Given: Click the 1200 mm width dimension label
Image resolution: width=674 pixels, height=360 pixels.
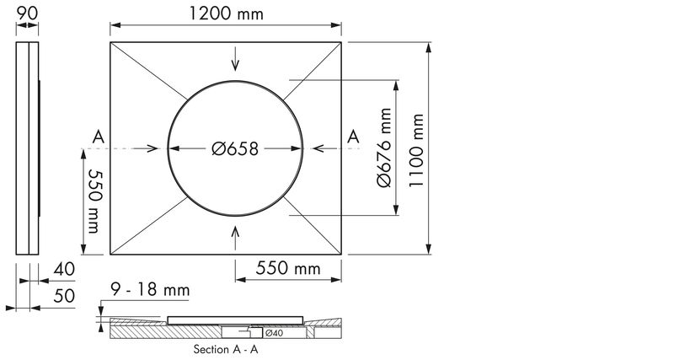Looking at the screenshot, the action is click(x=226, y=13).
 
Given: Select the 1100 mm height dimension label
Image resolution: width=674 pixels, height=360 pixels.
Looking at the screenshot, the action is click(x=416, y=150).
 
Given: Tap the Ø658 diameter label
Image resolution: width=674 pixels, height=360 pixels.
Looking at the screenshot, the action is click(x=235, y=149).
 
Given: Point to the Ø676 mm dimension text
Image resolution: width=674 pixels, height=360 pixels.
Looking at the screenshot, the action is click(x=384, y=148).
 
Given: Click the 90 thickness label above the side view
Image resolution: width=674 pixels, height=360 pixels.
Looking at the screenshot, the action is click(x=27, y=13).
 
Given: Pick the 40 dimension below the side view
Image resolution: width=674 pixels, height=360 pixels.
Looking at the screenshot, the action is click(x=64, y=269).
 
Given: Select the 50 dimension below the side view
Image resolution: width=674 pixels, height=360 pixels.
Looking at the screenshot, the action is click(x=64, y=296).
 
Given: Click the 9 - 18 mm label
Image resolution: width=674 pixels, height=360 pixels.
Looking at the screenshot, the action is click(x=150, y=289).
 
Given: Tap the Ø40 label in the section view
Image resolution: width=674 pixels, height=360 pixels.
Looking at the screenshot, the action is click(x=275, y=333).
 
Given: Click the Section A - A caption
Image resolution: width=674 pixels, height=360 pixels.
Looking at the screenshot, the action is click(x=226, y=349).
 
